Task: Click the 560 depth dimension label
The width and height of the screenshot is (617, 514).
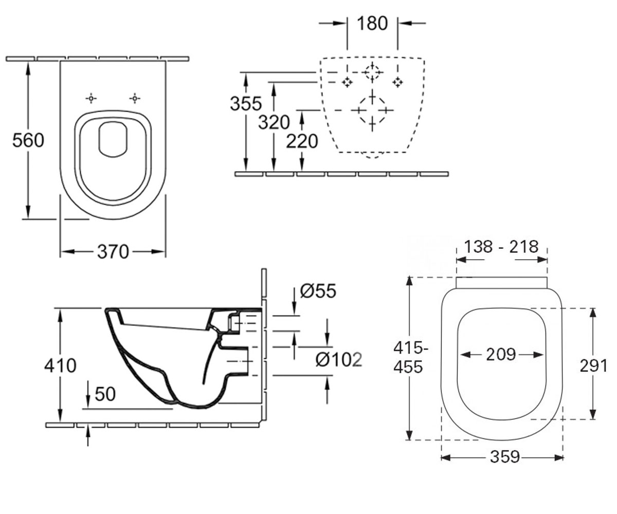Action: pyautogui.click(x=28, y=140)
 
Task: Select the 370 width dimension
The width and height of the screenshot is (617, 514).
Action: pyautogui.click(x=113, y=252)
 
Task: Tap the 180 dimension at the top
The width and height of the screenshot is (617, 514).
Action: pyautogui.click(x=372, y=23)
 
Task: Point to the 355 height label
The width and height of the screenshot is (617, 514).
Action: pyautogui.click(x=246, y=104)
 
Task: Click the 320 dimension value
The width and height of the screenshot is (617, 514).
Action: pyautogui.click(x=274, y=122)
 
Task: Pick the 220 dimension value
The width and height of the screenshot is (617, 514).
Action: pyautogui.click(x=302, y=141)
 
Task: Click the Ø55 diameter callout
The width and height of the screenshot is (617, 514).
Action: pyautogui.click(x=318, y=291)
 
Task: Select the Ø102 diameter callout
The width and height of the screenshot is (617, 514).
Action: pyautogui.click(x=339, y=360)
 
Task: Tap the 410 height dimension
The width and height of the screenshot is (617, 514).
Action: pyautogui.click(x=60, y=365)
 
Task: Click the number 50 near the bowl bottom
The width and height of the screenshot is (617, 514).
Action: pyautogui.click(x=105, y=394)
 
